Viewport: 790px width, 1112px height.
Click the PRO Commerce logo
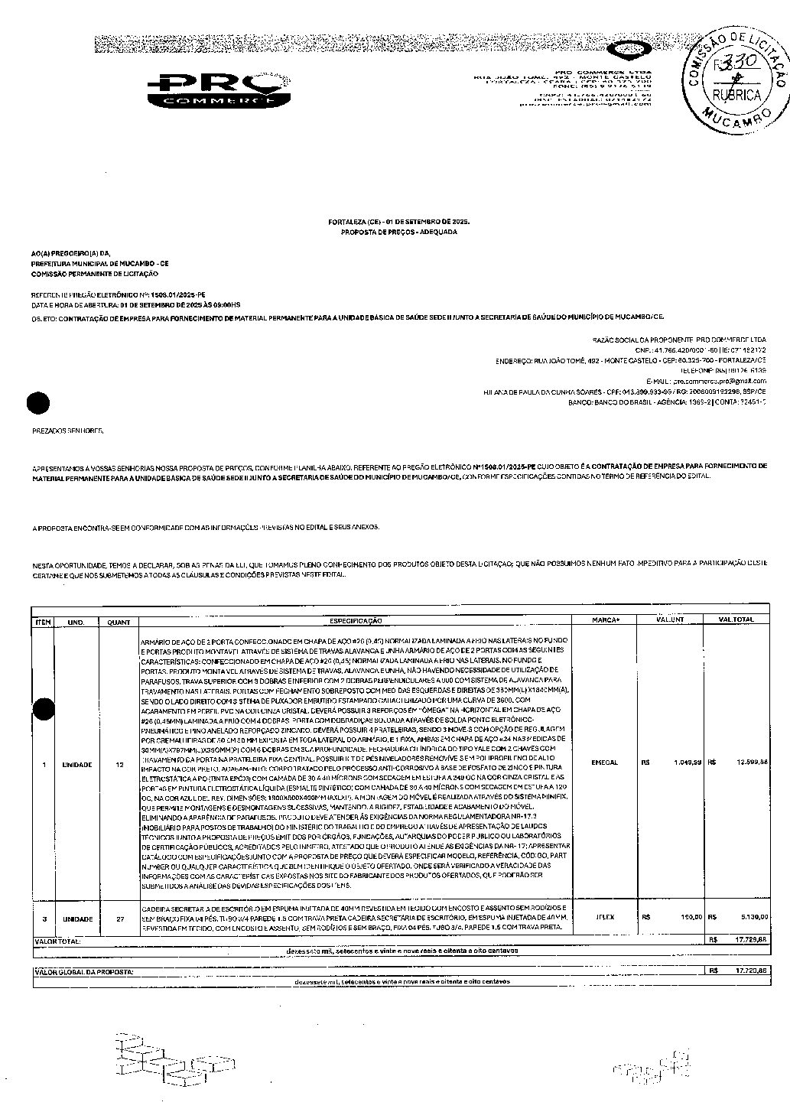tap(218, 90)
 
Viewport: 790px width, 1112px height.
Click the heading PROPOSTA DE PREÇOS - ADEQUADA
tap(398, 231)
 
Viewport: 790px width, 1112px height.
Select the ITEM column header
tap(44, 622)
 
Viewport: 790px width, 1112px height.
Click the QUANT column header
tap(119, 622)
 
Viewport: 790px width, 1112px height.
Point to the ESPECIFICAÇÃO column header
tap(356, 622)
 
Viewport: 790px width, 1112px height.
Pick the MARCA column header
tap(605, 620)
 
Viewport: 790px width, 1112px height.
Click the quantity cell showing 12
tap(119, 764)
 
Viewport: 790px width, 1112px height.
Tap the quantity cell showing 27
tap(119, 919)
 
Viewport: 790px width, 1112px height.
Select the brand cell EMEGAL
tap(605, 762)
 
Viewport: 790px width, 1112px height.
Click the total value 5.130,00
tap(753, 916)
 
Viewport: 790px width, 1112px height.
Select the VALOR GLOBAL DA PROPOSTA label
tap(85, 971)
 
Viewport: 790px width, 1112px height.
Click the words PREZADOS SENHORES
tap(67, 431)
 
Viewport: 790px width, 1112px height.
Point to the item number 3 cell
tap(44, 919)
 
